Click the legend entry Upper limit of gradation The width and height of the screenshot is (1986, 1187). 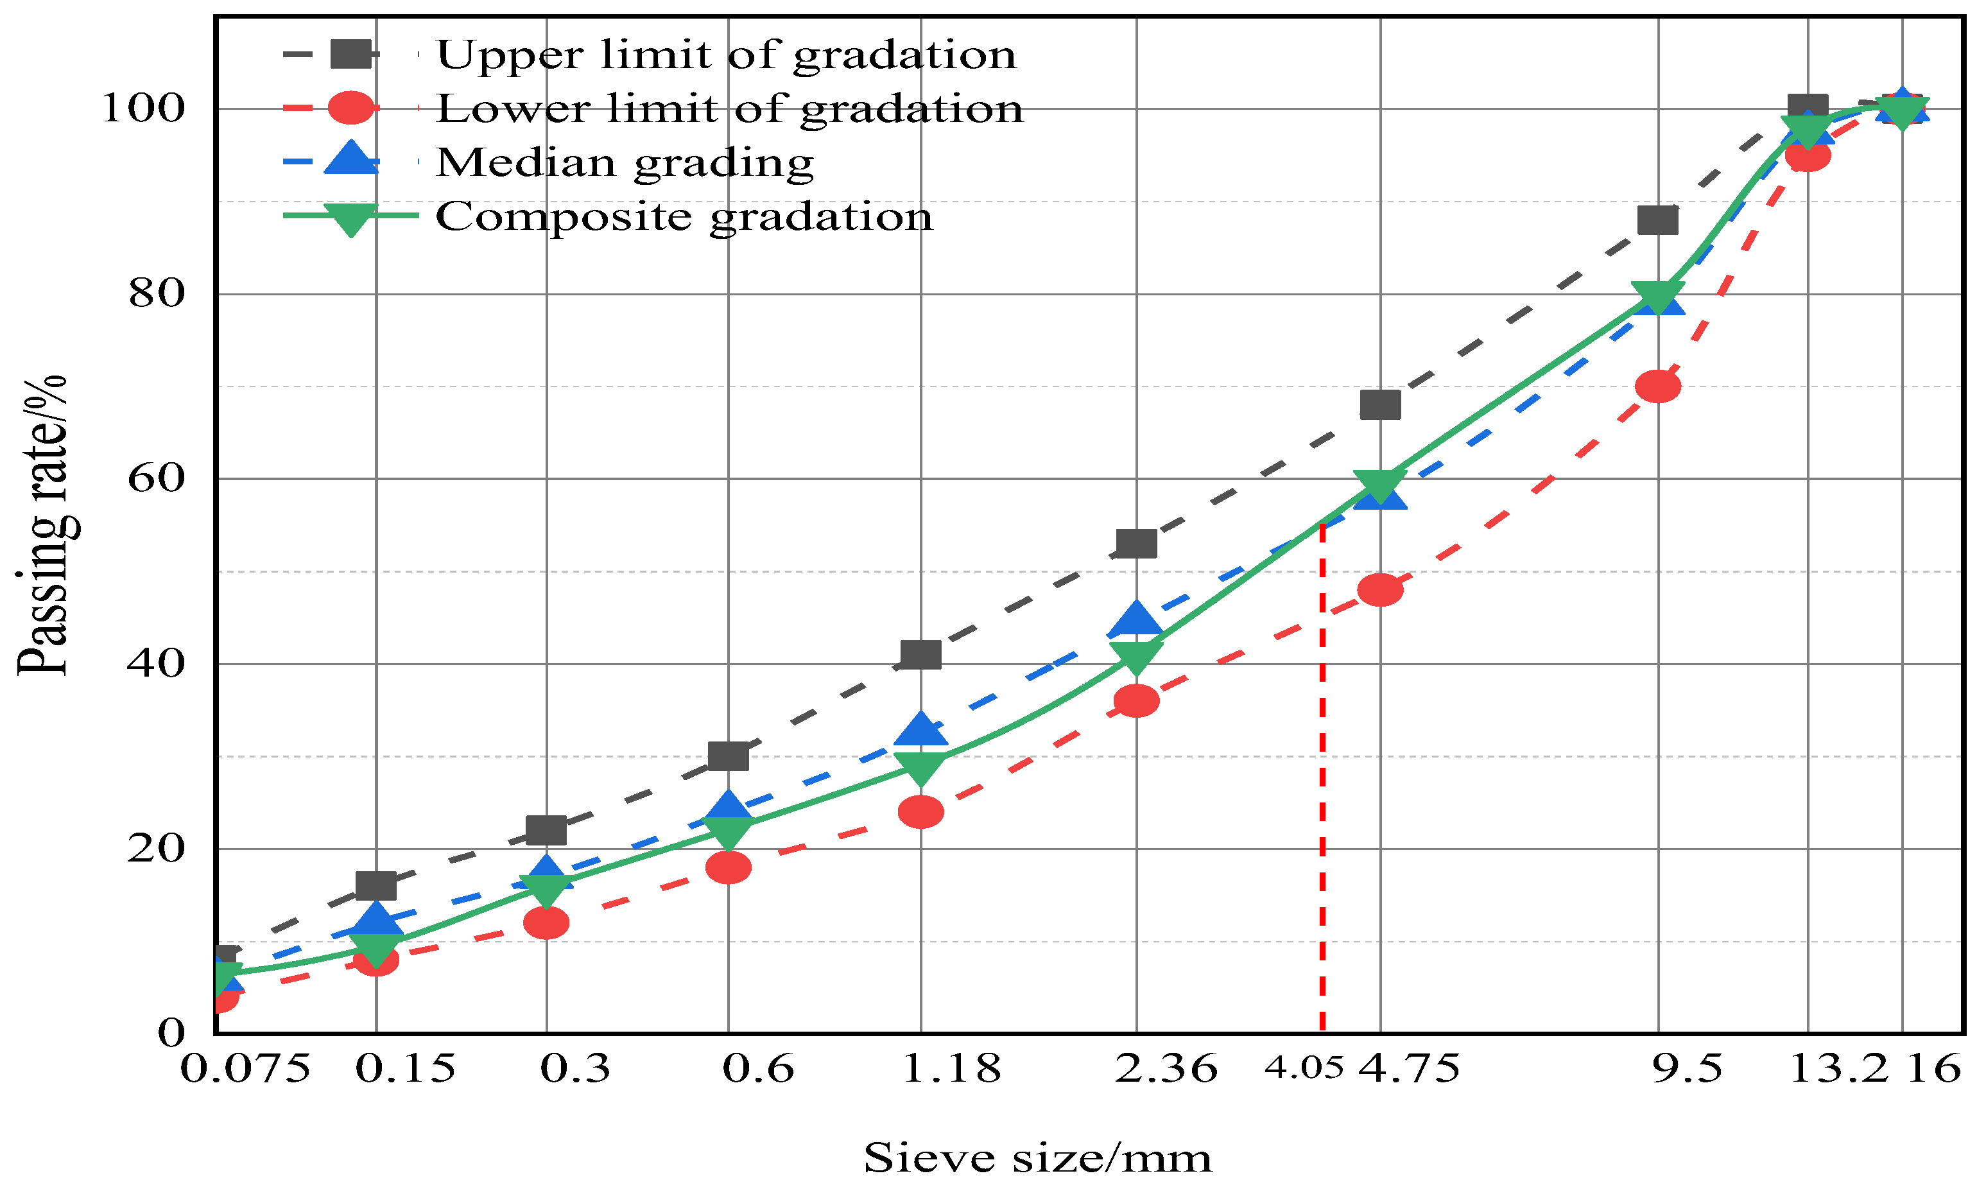pyautogui.click(x=725, y=55)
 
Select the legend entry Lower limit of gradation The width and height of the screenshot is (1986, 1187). pyautogui.click(x=729, y=108)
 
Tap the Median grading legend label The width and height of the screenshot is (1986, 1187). pyautogui.click(x=625, y=162)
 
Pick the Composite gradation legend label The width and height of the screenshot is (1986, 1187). pyautogui.click(x=684, y=217)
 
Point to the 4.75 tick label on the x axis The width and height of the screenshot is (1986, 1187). pyautogui.click(x=1410, y=1069)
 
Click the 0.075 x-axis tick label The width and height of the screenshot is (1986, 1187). pyautogui.click(x=245, y=1069)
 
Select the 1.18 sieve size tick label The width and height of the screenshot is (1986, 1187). pyautogui.click(x=951, y=1069)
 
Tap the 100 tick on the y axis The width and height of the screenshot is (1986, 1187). pyautogui.click(x=143, y=108)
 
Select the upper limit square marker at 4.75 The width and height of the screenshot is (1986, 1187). pyautogui.click(x=1380, y=404)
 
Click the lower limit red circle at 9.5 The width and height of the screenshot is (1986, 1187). pyautogui.click(x=1658, y=386)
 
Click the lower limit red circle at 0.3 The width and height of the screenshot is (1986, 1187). pyautogui.click(x=546, y=923)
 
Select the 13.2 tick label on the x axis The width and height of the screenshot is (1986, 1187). pyautogui.click(x=1837, y=1069)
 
